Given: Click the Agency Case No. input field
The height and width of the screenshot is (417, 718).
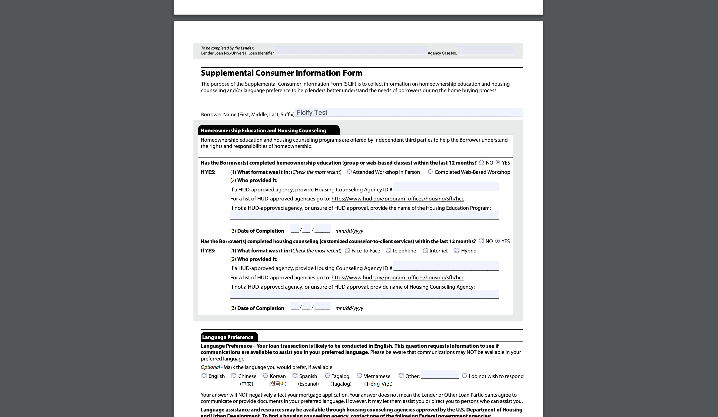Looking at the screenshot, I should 486,51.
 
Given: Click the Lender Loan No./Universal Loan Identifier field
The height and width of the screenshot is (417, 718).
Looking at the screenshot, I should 350,51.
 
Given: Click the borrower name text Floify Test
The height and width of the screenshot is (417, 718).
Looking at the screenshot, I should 312,113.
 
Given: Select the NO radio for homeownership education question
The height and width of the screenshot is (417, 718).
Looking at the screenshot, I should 482,162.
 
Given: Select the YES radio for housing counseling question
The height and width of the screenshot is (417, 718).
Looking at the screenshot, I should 497,241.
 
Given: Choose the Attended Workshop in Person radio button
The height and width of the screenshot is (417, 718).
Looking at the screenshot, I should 349,172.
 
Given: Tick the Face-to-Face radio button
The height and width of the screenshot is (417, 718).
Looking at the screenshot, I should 347,250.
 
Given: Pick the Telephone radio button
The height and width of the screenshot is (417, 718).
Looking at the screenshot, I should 388,250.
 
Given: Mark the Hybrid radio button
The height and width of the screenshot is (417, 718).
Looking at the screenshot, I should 457,250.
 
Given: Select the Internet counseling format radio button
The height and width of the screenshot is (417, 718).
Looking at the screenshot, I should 425,250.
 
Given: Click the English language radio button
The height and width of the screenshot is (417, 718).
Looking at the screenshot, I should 204,376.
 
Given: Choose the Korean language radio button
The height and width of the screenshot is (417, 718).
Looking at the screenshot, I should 265,376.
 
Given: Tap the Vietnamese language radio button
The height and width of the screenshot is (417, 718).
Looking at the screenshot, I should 360,376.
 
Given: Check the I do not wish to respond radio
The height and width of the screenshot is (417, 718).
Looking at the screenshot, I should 465,376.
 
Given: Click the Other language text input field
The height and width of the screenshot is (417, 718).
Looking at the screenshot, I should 440,374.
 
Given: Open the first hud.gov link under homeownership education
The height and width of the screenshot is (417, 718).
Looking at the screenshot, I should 397,199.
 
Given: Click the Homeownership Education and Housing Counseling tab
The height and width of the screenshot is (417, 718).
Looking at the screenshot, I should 263,130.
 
